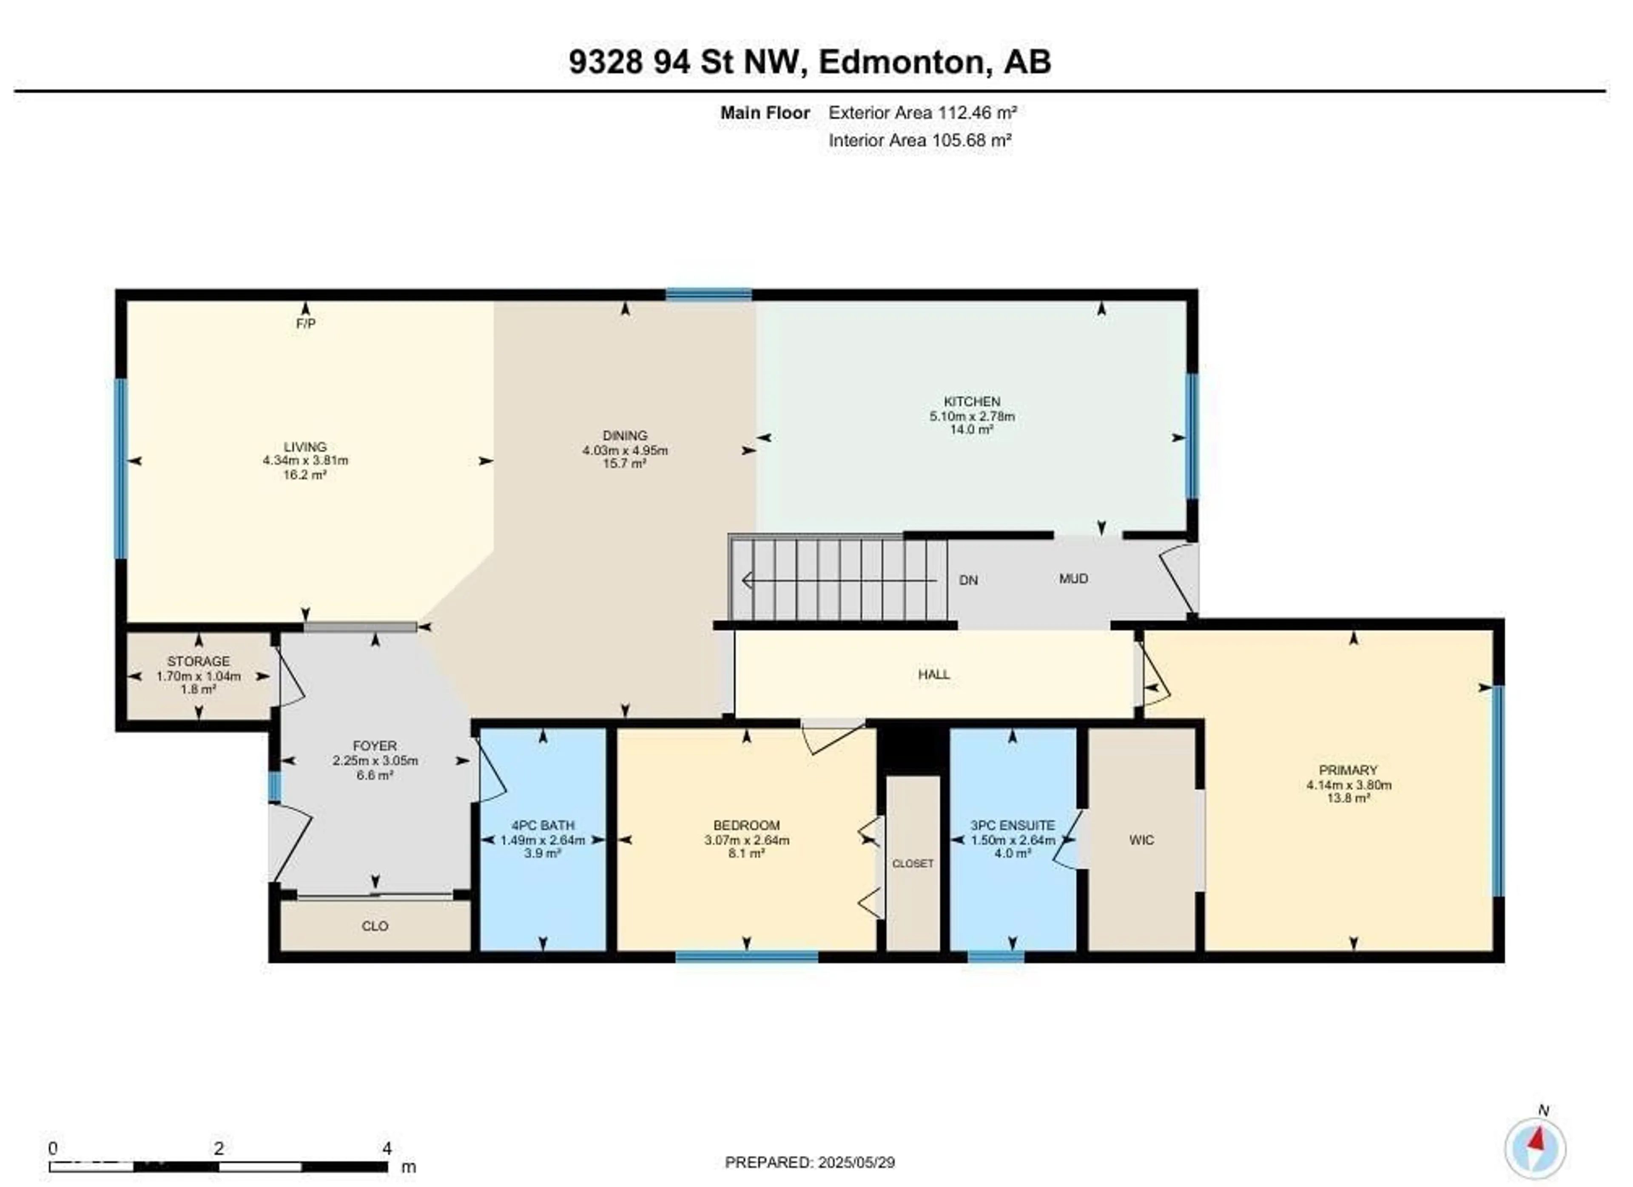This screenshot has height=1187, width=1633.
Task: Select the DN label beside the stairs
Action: (968, 580)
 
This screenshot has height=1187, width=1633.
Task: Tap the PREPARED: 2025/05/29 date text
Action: (809, 1162)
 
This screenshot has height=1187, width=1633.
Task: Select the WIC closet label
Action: (1141, 840)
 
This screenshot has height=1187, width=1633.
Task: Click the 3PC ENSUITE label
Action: (1013, 825)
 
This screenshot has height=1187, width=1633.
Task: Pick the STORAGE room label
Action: (199, 661)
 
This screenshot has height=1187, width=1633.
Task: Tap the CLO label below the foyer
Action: (374, 926)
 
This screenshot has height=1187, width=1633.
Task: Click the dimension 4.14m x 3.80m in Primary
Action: (1348, 785)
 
